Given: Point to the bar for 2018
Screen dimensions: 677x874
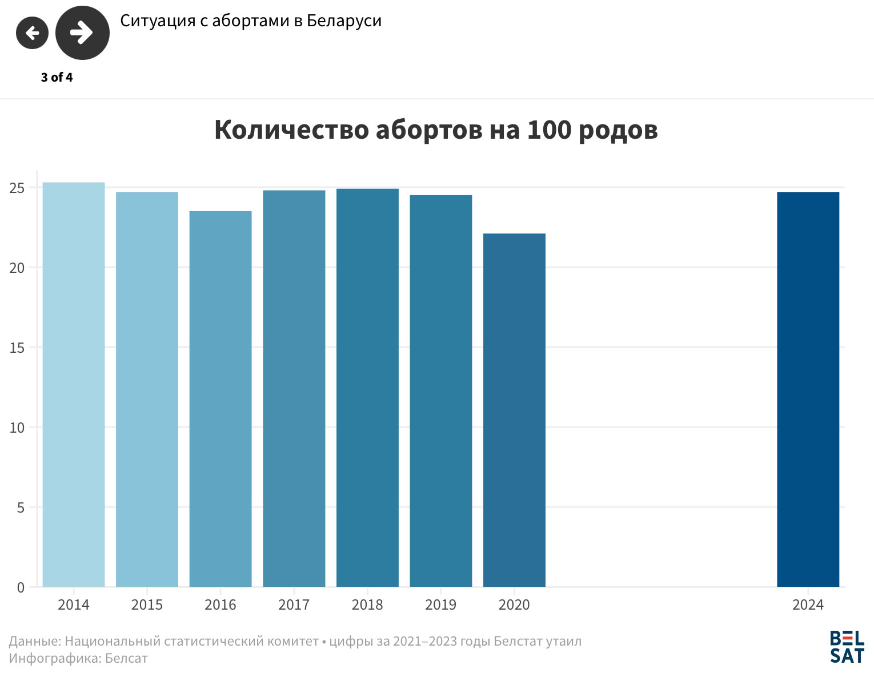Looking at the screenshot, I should pyautogui.click(x=367, y=388).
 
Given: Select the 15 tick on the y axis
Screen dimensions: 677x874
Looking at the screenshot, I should pyautogui.click(x=17, y=348).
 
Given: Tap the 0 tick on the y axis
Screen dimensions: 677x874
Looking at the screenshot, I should pyautogui.click(x=21, y=587).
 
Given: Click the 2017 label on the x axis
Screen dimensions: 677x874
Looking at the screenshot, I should pyautogui.click(x=294, y=605).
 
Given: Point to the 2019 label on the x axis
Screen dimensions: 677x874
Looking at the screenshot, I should pyautogui.click(x=440, y=605).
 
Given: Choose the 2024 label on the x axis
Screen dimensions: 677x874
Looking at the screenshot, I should pyautogui.click(x=808, y=605).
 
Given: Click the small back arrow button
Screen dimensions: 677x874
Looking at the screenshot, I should pyautogui.click(x=32, y=33).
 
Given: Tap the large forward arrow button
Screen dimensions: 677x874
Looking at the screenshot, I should pyautogui.click(x=82, y=33).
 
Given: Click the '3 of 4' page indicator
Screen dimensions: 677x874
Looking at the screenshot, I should pyautogui.click(x=57, y=78).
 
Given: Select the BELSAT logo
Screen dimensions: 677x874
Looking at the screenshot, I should pyautogui.click(x=847, y=647).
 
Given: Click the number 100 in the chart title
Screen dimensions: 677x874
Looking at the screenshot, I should pyautogui.click(x=549, y=130).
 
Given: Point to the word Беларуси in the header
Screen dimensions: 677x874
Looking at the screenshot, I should pyautogui.click(x=344, y=21).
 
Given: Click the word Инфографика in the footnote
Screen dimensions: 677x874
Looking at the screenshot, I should pyautogui.click(x=54, y=659).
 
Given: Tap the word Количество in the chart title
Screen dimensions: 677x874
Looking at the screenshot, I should pyautogui.click(x=291, y=130).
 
